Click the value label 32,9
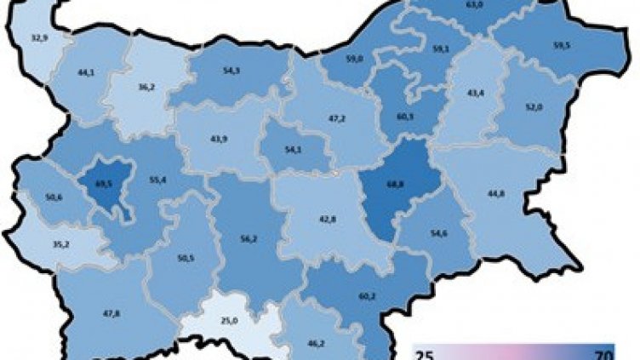tap(40, 38)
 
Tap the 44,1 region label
tap(87, 73)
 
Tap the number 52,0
tap(534, 106)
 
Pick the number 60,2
tap(367, 297)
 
